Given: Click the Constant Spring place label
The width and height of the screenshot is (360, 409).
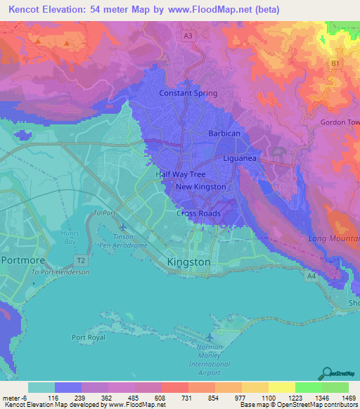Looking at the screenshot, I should pyautogui.click(x=188, y=93).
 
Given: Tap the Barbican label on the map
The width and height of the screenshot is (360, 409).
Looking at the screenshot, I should pyautogui.click(x=224, y=133).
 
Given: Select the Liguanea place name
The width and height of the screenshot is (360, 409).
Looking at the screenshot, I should pyautogui.click(x=243, y=159).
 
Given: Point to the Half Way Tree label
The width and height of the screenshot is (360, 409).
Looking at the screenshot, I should pyautogui.click(x=180, y=174).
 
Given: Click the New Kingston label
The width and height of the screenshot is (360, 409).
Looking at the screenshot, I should pyautogui.click(x=200, y=187).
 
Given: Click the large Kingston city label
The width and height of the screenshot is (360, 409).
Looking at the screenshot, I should pyautogui.click(x=188, y=261).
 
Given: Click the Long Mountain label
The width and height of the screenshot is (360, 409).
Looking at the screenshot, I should pyautogui.click(x=334, y=238).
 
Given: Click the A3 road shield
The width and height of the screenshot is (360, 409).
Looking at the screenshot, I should pyautogui.click(x=187, y=34).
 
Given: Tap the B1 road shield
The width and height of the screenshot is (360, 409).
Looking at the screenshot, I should pyautogui.click(x=335, y=63).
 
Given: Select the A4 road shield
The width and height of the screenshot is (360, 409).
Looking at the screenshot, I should pyautogui.click(x=310, y=276).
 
